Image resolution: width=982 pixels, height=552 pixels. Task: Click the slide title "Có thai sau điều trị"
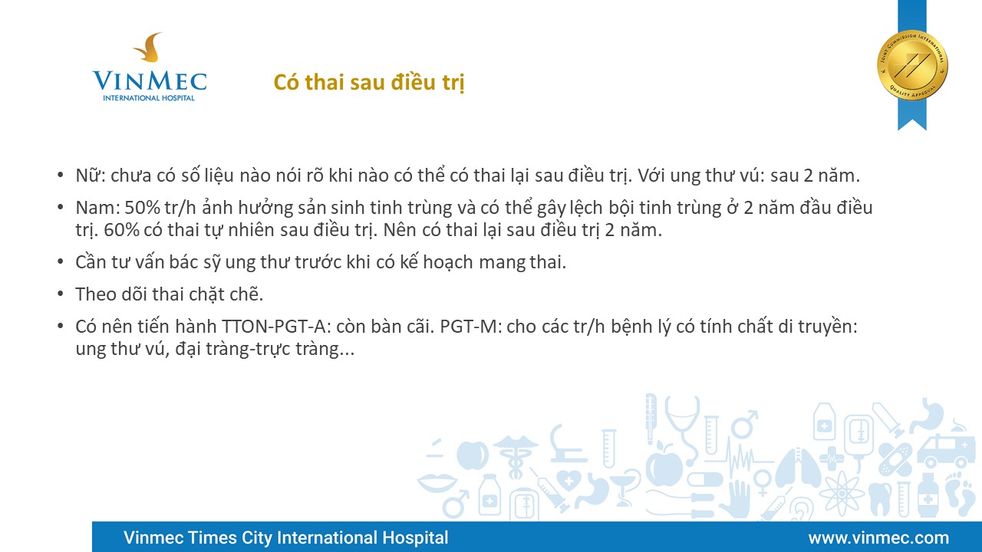point(369,82)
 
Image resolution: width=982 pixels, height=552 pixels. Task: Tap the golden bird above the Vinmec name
point(149,47)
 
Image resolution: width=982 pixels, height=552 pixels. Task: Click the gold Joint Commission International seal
point(912,65)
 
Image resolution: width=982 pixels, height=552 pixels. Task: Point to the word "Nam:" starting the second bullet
point(97,208)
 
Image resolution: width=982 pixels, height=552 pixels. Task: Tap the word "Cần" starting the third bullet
point(91,262)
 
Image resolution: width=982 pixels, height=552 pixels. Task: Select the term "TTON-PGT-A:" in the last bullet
point(275,327)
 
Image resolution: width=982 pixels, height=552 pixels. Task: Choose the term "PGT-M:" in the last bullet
point(471,327)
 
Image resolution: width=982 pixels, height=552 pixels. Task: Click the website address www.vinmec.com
point(878,537)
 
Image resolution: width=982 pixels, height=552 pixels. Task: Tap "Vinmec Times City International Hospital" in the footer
point(286,537)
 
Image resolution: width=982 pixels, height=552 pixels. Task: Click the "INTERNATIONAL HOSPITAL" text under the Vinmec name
point(149,97)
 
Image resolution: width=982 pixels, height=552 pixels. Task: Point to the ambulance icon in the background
point(943,452)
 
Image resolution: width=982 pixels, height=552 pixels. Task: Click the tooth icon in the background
point(880,498)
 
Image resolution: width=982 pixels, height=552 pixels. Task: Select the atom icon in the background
point(842,494)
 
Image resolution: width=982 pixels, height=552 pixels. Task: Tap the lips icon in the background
point(437,482)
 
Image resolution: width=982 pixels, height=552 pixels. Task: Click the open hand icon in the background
point(737,498)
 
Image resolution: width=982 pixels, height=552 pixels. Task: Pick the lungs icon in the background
point(797,468)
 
